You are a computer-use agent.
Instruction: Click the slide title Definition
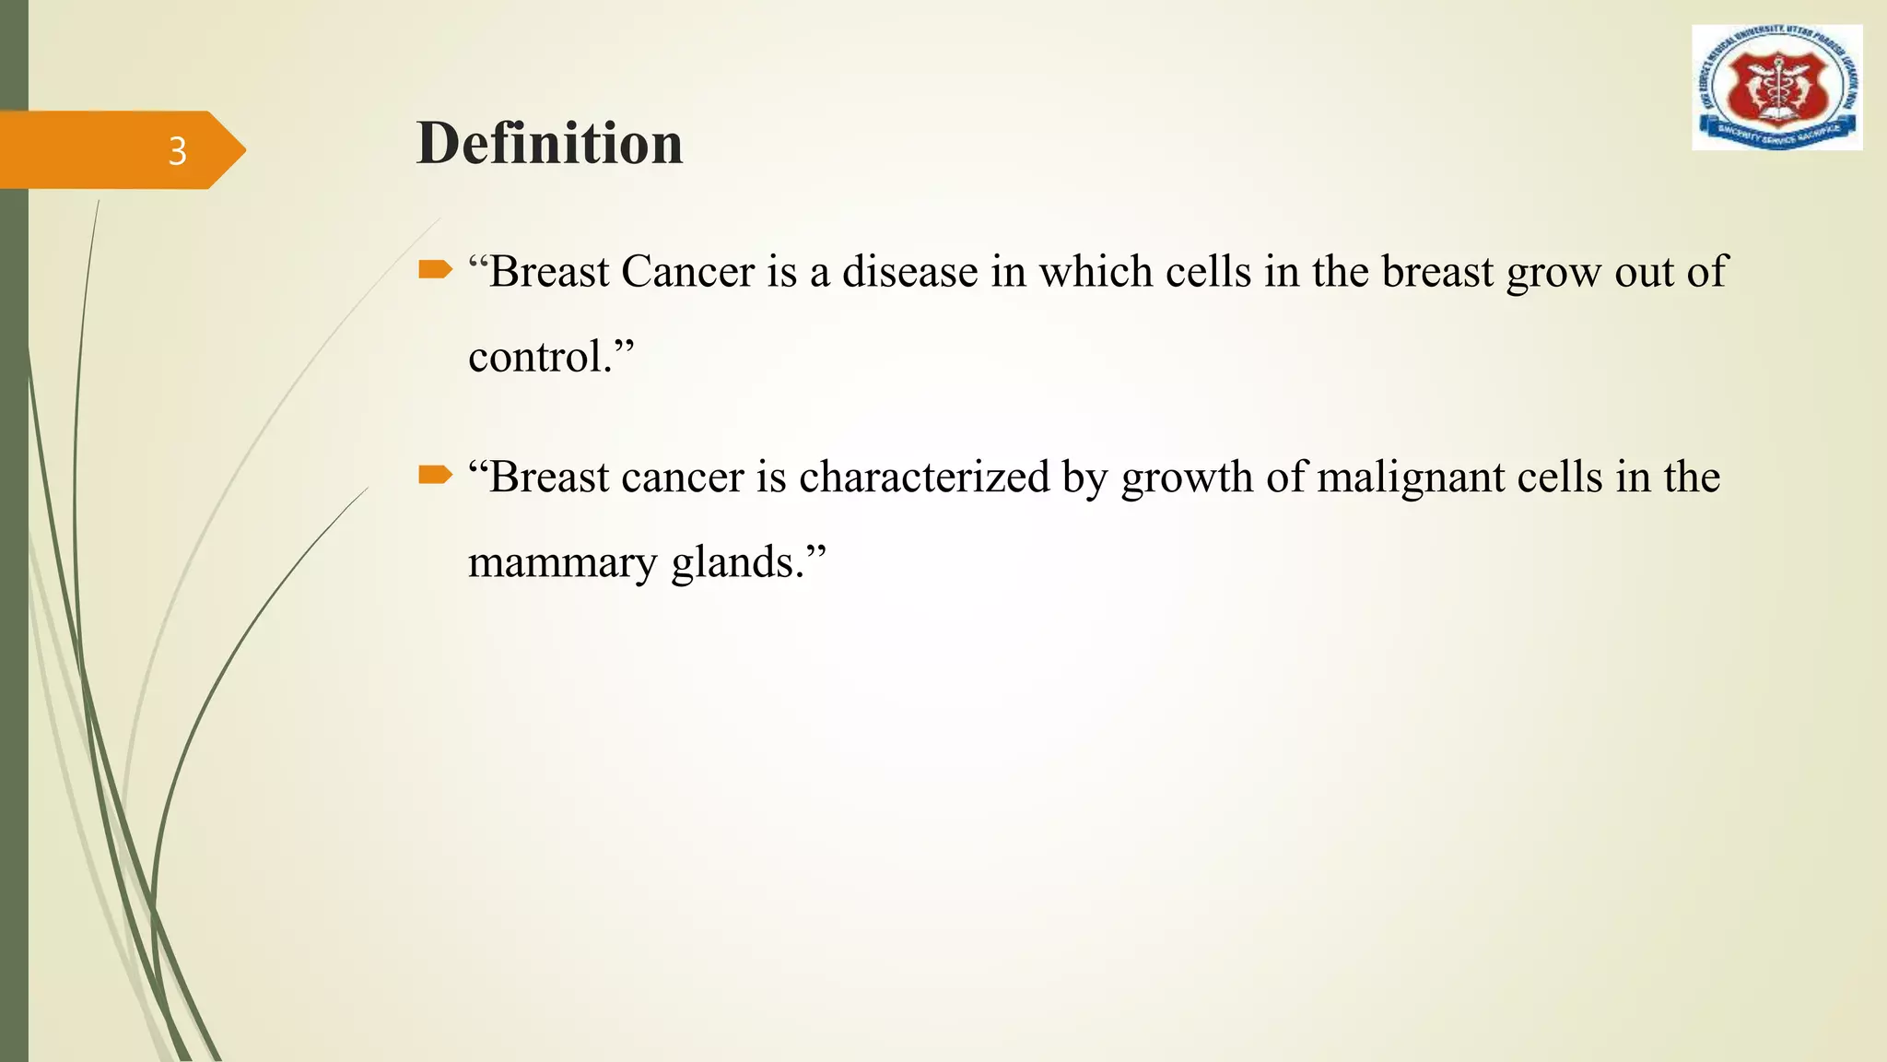coord(549,144)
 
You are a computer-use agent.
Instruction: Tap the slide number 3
coord(177,151)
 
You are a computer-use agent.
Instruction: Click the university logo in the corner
coord(1776,88)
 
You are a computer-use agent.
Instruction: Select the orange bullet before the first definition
coord(435,270)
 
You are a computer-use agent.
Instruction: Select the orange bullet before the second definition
coord(435,476)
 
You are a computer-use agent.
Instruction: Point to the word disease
coord(909,272)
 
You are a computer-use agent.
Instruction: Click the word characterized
coord(924,478)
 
